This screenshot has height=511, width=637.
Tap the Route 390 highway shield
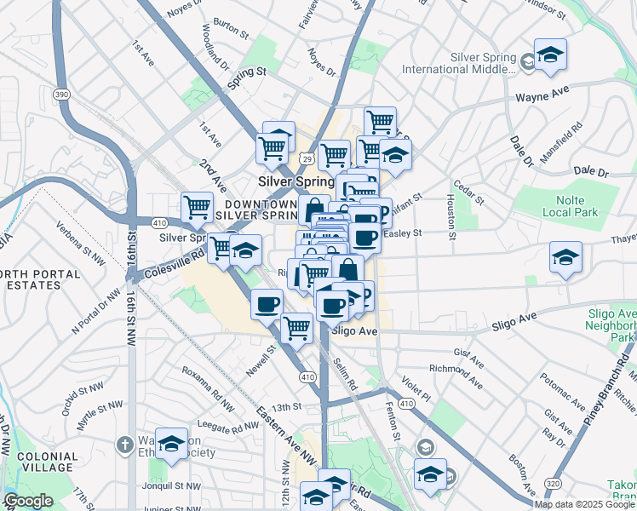point(60,93)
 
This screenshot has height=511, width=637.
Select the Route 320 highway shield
point(551,481)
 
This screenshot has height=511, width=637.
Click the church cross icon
point(124,444)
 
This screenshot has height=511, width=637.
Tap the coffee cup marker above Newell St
point(267,303)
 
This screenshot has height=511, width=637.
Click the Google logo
point(29,502)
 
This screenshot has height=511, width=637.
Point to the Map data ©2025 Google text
point(584,504)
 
